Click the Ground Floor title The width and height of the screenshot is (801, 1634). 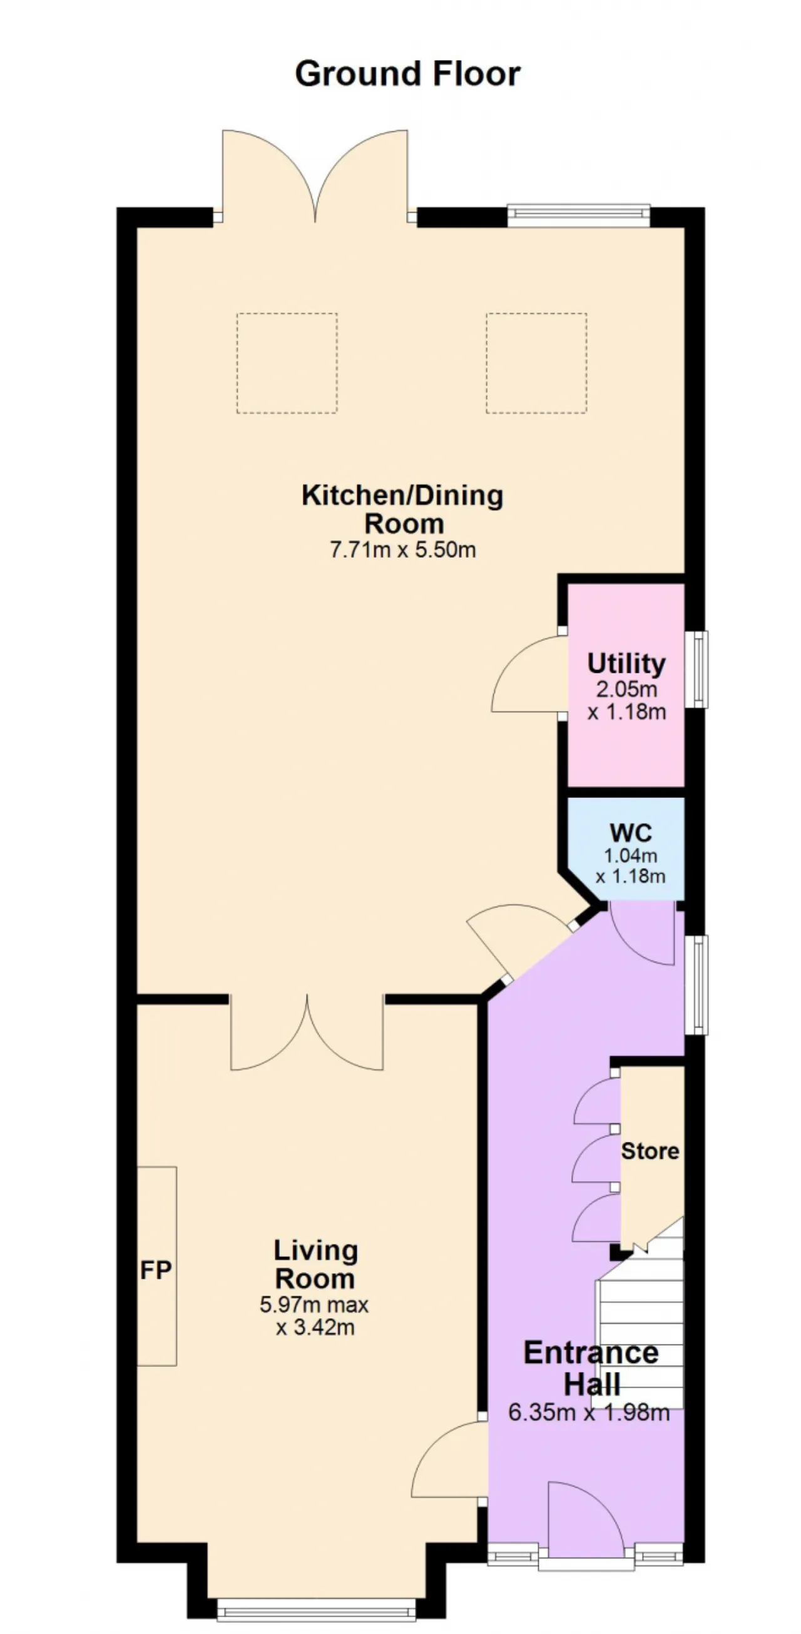coord(407,74)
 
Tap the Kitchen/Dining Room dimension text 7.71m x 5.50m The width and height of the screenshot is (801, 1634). coord(402,549)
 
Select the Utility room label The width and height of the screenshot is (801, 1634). coord(626,663)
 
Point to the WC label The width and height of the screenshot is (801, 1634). coord(630,832)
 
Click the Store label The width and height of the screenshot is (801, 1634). coord(650,1151)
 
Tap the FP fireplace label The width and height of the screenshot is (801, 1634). coord(155,1270)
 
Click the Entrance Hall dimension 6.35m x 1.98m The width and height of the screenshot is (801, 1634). coord(588,1413)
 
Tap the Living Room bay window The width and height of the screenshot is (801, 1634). coord(315,1608)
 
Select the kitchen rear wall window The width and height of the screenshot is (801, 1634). coord(578,216)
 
